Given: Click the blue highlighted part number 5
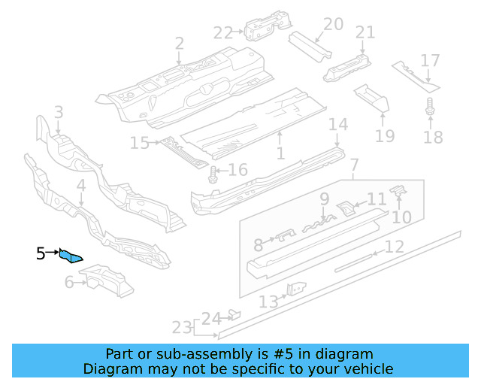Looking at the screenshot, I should pyautogui.click(x=71, y=257).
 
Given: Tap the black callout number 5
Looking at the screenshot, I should pyautogui.click(x=41, y=254).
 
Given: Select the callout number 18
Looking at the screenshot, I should pyautogui.click(x=434, y=137).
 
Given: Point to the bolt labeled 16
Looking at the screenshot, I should pyautogui.click(x=213, y=175).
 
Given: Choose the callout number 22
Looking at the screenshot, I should pyautogui.click(x=223, y=32).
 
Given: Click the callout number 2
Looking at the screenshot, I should pyautogui.click(x=179, y=43).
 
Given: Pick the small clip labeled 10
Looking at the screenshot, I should pyautogui.click(x=399, y=193).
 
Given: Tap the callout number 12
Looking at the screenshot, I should pyautogui.click(x=395, y=246).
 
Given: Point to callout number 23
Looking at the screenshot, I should pyautogui.click(x=181, y=328).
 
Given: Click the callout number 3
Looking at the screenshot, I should pyautogui.click(x=58, y=114).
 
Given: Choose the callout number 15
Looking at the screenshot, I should pyautogui.click(x=140, y=142).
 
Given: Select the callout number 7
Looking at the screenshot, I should pyautogui.click(x=355, y=165).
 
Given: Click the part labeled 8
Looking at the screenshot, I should pyautogui.click(x=284, y=237).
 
